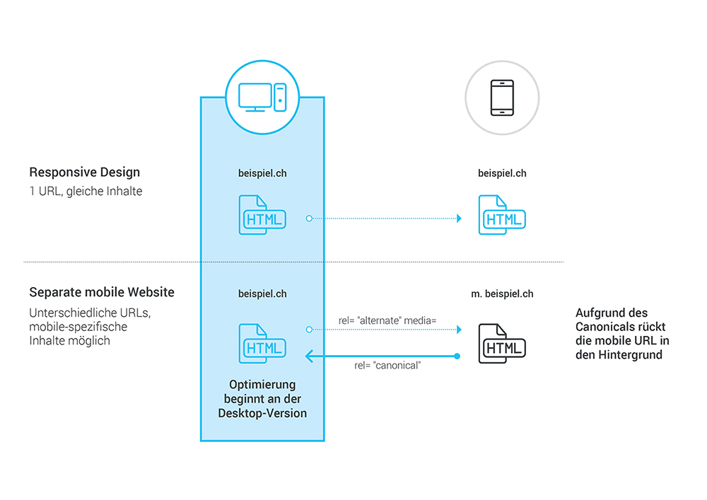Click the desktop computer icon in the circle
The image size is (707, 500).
[x=262, y=98]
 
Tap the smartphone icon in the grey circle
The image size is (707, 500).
[x=502, y=98]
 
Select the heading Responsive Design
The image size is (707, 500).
[x=84, y=172]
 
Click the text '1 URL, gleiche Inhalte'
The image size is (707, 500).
[x=86, y=191]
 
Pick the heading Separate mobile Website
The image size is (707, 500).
[x=101, y=292]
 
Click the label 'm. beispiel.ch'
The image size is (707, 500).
[x=502, y=293]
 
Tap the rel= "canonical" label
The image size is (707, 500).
[x=387, y=366]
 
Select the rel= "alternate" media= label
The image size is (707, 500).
[x=387, y=320]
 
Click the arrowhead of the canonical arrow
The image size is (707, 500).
[x=310, y=356]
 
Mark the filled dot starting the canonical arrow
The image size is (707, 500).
[x=457, y=356]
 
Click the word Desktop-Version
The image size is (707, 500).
[x=262, y=413]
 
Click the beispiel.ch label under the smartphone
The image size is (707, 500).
[x=502, y=173]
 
